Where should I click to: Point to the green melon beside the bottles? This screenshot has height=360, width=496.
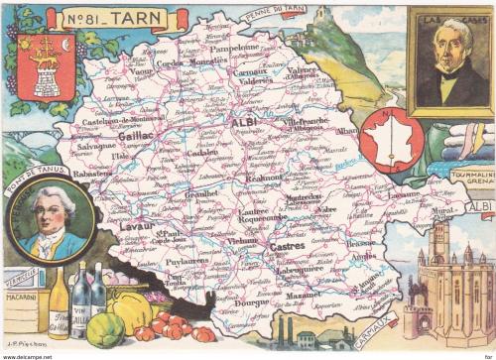106,330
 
